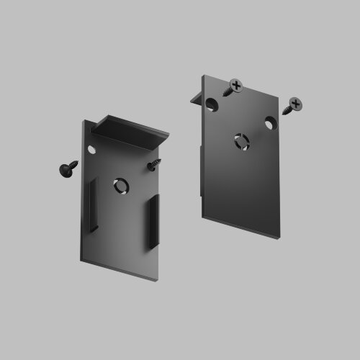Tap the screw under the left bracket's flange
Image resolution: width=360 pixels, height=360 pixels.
click(x=153, y=166)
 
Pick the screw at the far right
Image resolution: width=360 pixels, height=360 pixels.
click(x=292, y=107)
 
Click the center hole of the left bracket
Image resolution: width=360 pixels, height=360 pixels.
click(x=120, y=186)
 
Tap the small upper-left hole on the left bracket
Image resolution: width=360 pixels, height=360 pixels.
click(x=92, y=149)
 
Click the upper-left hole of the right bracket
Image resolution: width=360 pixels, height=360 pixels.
click(x=212, y=105)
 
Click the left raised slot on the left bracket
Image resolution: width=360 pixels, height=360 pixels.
click(x=92, y=206)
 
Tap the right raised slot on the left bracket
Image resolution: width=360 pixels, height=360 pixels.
click(x=153, y=222)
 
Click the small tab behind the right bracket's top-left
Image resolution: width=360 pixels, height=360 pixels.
click(x=195, y=99)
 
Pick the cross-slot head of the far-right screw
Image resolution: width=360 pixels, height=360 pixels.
click(x=296, y=103)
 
